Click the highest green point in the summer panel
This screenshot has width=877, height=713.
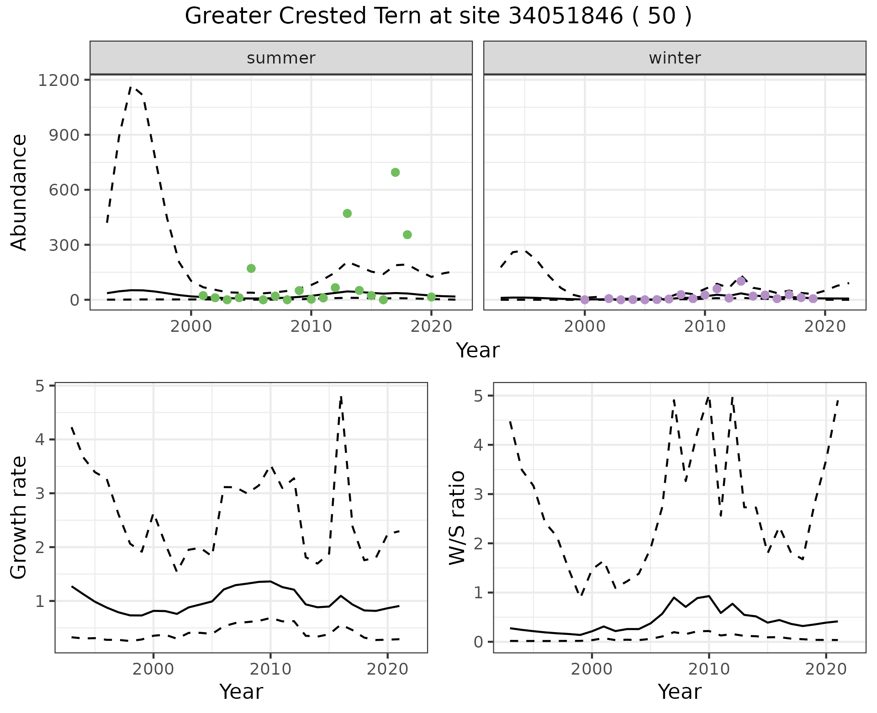coord(395,172)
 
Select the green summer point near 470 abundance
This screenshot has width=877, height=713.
coord(347,213)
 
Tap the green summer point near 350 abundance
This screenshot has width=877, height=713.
coord(407,234)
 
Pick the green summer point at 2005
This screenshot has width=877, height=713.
coord(251,268)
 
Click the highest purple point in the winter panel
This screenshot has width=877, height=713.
coord(741,281)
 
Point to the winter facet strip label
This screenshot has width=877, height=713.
coord(675,58)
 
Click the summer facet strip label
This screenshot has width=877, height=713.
coord(281,58)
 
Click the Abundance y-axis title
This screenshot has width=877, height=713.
coord(19,192)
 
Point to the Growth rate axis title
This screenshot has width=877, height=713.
coord(19,517)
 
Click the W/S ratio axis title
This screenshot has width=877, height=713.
coord(457,517)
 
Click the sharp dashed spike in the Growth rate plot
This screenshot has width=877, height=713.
coord(341,397)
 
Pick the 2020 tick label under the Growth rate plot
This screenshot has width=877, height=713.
coord(387,670)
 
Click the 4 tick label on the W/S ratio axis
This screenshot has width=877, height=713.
coord(478,445)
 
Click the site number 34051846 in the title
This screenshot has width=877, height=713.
coord(565,17)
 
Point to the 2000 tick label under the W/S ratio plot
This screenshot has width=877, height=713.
coord(592,670)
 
